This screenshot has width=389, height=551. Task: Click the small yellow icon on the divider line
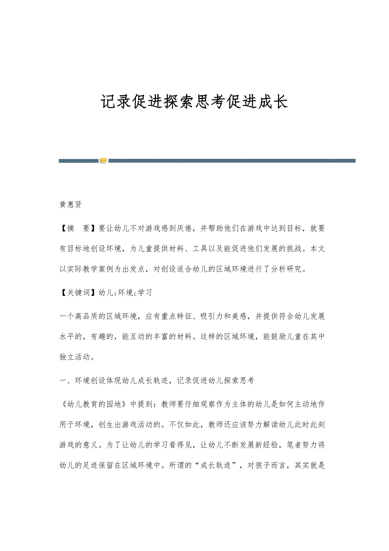coord(103,160)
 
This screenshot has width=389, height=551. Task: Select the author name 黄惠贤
coord(70,205)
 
